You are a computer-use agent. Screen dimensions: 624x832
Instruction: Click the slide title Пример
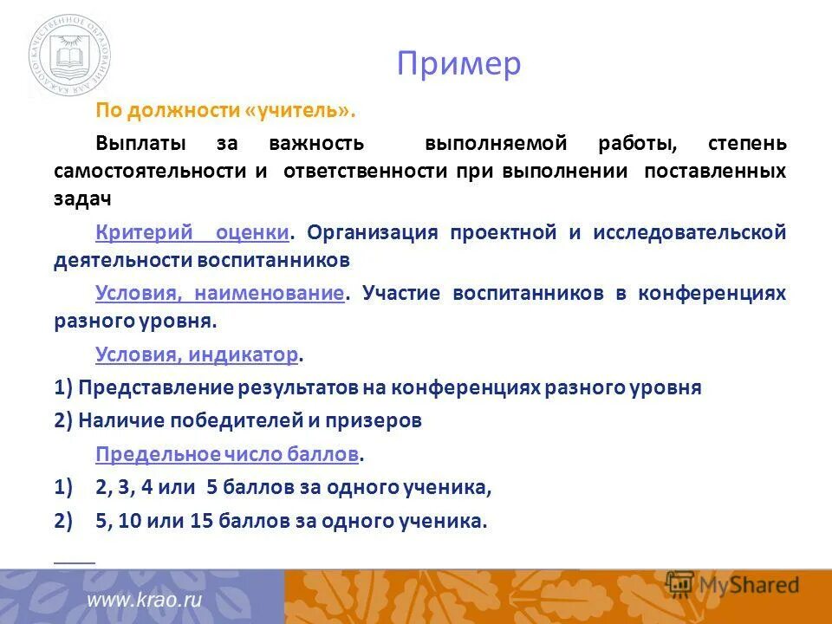point(459,64)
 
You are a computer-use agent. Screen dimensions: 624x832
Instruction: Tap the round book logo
point(69,58)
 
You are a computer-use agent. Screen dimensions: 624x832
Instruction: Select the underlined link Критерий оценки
point(192,232)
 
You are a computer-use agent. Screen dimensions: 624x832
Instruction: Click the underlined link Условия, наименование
point(220,293)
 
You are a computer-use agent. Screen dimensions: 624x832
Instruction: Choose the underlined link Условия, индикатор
point(197,354)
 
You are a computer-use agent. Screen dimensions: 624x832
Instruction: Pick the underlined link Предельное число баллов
point(227,454)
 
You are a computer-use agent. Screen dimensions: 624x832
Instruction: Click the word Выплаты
point(139,142)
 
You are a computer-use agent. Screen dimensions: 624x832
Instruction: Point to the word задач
point(82,198)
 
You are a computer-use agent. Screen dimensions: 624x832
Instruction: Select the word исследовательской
point(690,232)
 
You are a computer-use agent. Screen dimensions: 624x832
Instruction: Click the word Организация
point(372,232)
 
